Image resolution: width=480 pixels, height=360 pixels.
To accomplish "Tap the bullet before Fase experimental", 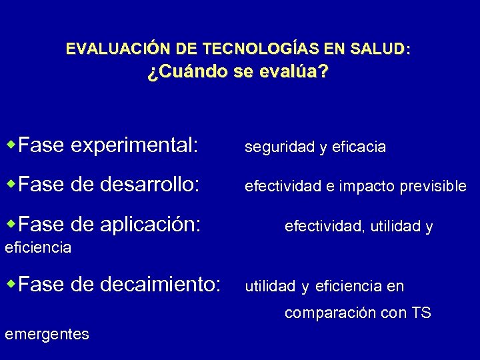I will tap(11, 145).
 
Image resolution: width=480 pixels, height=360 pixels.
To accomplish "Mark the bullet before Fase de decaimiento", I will tap(11, 285).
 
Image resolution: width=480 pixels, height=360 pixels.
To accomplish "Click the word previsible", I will tap(435, 187).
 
